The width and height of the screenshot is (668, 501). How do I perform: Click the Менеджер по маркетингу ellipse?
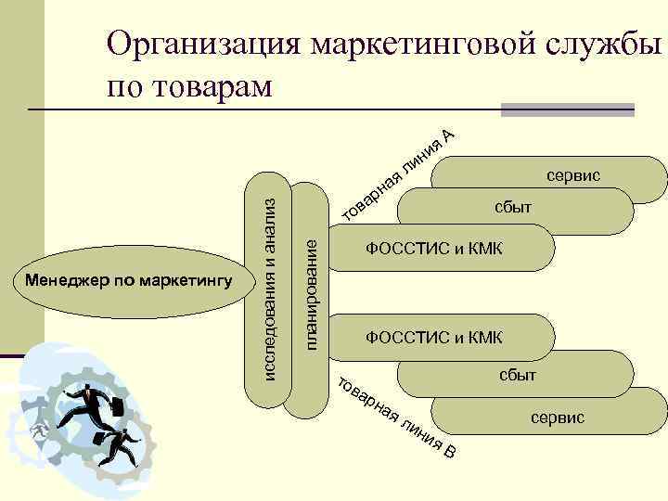point(129,280)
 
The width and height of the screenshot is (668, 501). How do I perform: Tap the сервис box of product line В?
point(557,418)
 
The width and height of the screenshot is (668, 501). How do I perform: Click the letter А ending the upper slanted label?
point(448,136)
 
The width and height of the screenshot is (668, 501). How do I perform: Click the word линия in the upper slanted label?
point(420,157)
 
